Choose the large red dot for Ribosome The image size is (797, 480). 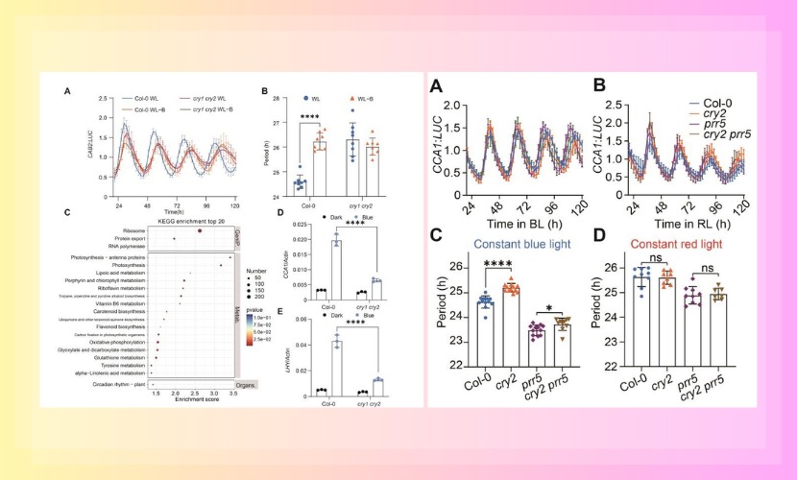[x=199, y=230]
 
